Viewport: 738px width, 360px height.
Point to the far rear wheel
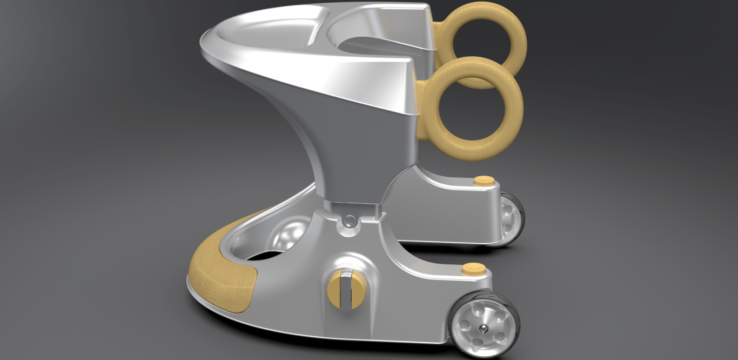[x=511, y=219]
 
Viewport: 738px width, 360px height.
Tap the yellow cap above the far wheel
[x=484, y=180]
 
